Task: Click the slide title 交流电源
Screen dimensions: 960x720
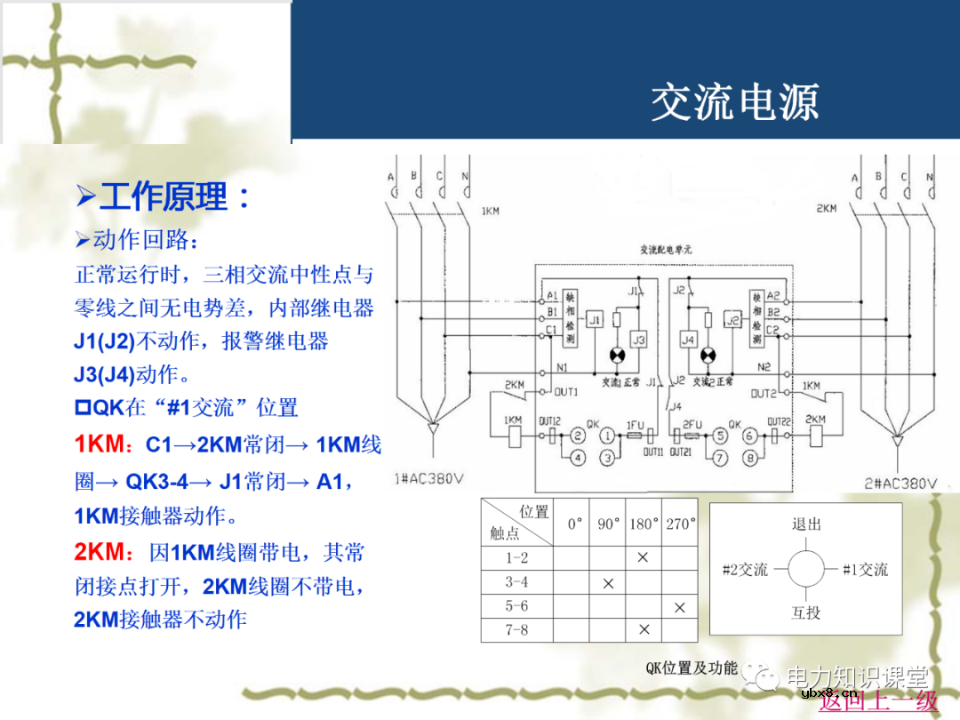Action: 733,102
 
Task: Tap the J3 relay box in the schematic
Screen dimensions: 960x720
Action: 638,340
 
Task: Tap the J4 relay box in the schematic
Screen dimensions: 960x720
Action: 688,340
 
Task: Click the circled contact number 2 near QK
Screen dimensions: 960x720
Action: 578,436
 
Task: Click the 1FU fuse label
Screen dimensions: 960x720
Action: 635,426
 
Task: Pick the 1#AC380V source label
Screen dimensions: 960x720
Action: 428,479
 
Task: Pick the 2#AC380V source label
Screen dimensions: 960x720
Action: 900,484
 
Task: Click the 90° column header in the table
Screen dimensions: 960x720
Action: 608,524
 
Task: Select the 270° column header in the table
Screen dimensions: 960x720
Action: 680,524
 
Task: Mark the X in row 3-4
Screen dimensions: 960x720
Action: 608,583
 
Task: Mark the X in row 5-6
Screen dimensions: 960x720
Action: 680,607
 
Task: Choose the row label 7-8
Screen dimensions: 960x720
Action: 516,630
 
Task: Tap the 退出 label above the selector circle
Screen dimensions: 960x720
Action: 806,524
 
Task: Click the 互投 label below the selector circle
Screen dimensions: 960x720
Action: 806,613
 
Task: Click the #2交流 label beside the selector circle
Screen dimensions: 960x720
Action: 745,570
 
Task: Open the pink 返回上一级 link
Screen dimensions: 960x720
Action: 878,700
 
